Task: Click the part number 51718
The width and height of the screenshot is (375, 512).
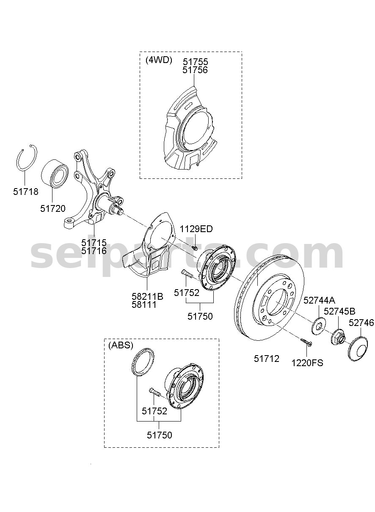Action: coord(26,192)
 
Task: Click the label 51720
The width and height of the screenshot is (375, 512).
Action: coord(53,208)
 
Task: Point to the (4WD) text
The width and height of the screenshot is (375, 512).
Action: coord(159,60)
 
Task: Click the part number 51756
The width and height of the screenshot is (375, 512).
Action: coord(195,70)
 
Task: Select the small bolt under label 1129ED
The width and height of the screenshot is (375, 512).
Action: coord(195,247)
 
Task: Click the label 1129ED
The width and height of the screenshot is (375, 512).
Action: coord(196,229)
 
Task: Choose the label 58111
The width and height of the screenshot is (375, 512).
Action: coord(144,305)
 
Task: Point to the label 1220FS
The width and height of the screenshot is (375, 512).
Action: coord(307,363)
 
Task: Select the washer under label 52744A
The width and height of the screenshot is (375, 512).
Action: coord(318,327)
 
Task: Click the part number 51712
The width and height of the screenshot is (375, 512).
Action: coord(267,359)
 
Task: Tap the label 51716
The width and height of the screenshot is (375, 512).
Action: coord(94,251)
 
